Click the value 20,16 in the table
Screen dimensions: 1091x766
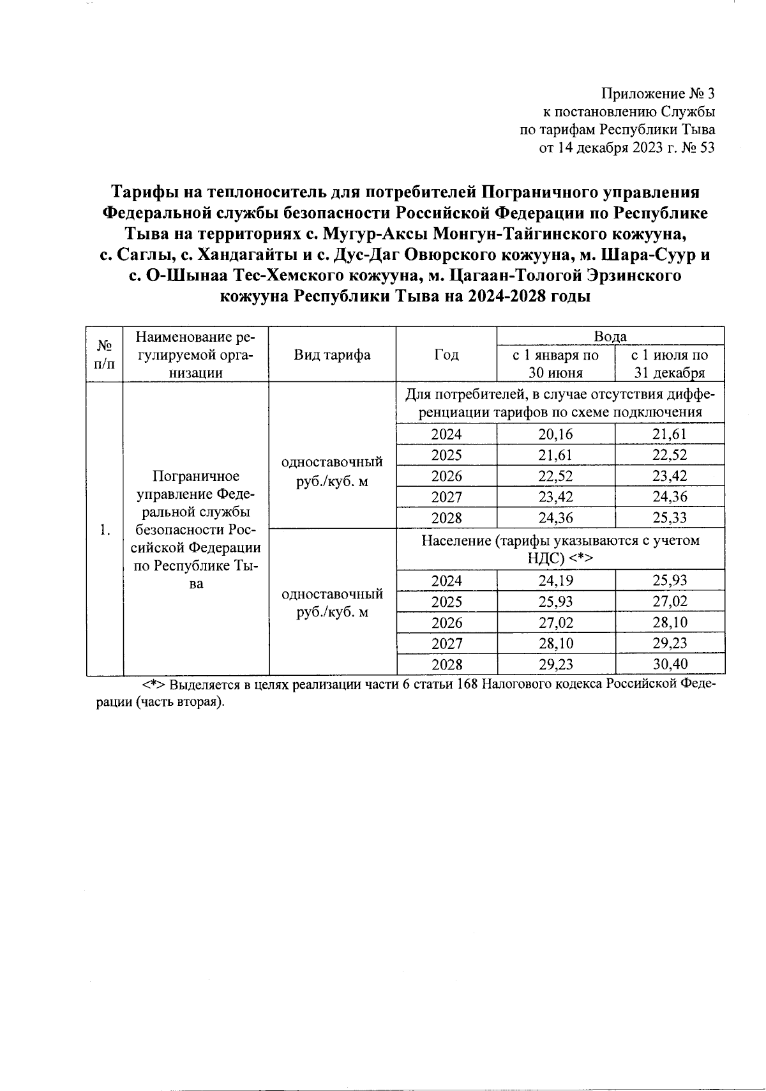click(555, 434)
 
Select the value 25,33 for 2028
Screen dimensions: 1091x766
click(669, 517)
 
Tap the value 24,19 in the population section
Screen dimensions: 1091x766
click(555, 581)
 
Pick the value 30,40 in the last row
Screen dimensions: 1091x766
click(669, 664)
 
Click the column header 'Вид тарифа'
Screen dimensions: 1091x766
click(332, 355)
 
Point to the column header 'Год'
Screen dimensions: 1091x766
click(446, 355)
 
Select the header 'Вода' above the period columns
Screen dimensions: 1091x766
click(610, 337)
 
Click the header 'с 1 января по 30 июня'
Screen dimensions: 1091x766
click(555, 364)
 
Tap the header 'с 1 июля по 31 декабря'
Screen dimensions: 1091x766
click(669, 364)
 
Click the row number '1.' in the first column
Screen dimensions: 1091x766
click(105, 530)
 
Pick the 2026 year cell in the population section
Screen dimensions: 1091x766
click(446, 622)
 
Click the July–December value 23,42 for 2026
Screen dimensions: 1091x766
click(669, 476)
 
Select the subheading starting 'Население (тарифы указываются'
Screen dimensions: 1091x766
click(560, 549)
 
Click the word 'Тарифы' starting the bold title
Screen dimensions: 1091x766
click(144, 192)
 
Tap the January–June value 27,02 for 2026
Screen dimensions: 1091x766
click(555, 622)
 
